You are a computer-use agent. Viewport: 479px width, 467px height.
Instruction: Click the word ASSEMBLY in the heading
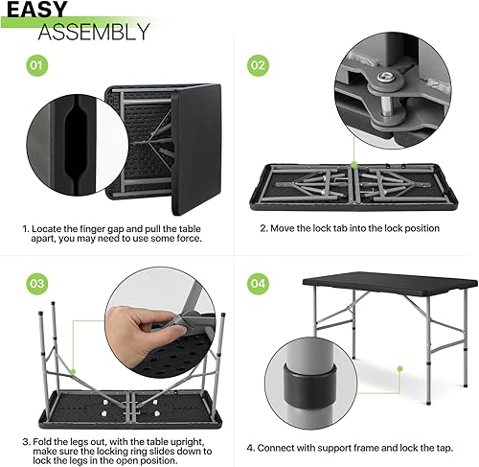point(94,32)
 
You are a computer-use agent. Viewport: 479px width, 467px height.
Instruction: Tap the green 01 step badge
point(34,66)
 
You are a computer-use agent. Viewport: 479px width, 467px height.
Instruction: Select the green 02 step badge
point(258,66)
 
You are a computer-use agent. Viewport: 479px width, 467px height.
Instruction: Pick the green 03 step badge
point(34,283)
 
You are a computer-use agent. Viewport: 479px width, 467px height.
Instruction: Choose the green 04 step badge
point(258,283)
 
